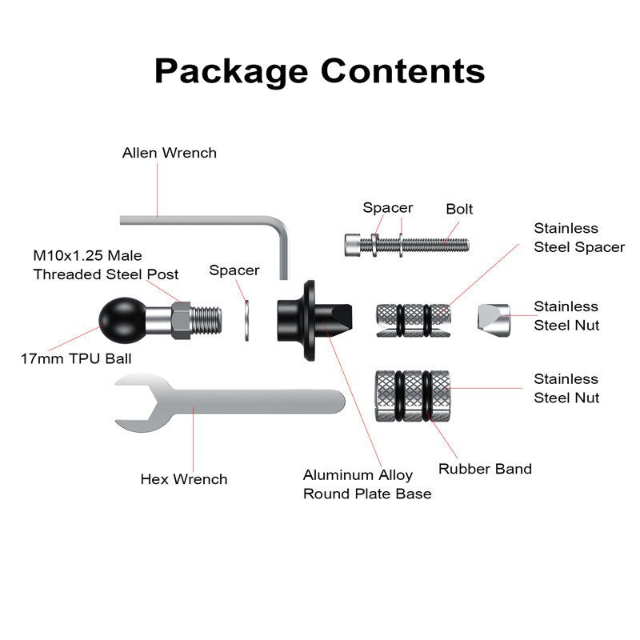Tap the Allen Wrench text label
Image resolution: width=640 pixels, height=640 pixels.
click(x=169, y=152)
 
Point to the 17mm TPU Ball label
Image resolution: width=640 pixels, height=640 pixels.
click(x=76, y=358)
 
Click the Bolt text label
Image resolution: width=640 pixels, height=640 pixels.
click(x=459, y=209)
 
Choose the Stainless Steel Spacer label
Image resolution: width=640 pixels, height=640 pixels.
click(x=579, y=238)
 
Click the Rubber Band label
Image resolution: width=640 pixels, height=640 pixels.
click(x=485, y=469)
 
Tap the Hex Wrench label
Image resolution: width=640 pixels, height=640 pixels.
click(x=184, y=479)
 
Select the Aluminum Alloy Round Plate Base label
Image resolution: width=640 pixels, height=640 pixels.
click(x=367, y=485)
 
